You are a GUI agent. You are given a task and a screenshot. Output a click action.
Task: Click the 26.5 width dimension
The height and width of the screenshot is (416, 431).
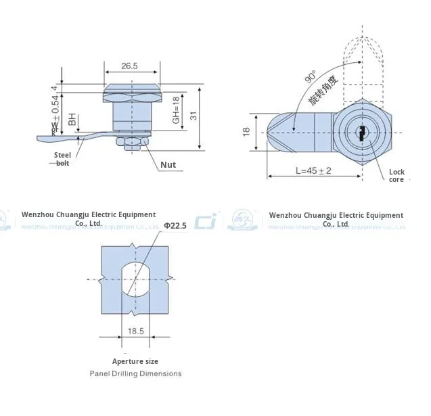pyautogui.click(x=129, y=66)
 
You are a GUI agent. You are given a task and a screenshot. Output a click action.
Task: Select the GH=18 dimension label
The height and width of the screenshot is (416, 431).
pyautogui.click(x=175, y=109)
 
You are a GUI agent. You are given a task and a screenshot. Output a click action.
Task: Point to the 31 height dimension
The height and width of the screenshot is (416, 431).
pyautogui.click(x=194, y=116)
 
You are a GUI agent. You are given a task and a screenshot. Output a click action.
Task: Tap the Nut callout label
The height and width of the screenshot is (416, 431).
pyautogui.click(x=168, y=164)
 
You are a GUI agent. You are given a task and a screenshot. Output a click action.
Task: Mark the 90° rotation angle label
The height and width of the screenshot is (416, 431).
pyautogui.click(x=311, y=78)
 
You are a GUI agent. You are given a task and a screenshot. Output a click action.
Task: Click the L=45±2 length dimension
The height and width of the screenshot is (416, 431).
pyautogui.click(x=313, y=171)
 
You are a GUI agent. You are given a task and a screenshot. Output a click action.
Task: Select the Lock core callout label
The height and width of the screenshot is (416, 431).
pyautogui.click(x=396, y=176)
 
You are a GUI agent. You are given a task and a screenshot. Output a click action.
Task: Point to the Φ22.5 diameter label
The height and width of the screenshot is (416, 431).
pyautogui.click(x=175, y=225)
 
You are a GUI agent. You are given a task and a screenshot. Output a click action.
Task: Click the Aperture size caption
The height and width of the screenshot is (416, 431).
pyautogui.click(x=135, y=361)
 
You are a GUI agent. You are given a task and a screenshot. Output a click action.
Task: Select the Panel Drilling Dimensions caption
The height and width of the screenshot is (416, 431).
pyautogui.click(x=135, y=373)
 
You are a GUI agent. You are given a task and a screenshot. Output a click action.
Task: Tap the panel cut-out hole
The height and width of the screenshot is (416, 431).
pyautogui.click(x=135, y=279)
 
